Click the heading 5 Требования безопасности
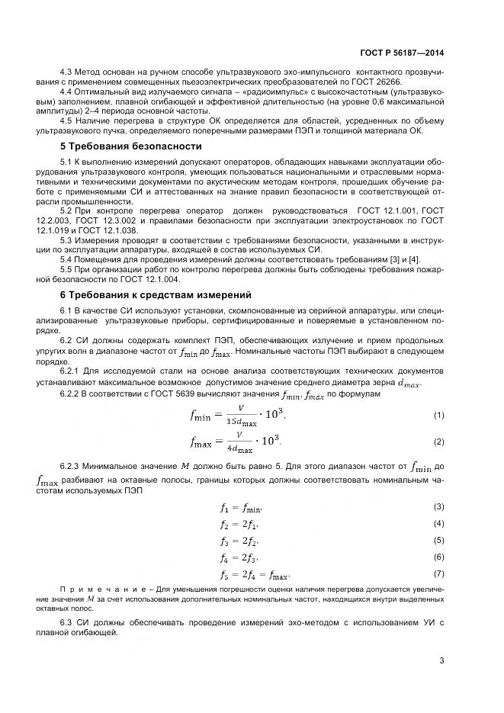pos(130,146)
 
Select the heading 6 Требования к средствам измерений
pos(156,294)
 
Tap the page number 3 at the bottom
pos(441,660)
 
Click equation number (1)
pos(438,415)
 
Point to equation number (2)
pos(438,442)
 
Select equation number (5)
pos(438,540)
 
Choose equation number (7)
pos(438,573)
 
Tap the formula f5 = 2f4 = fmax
pos(255,574)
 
